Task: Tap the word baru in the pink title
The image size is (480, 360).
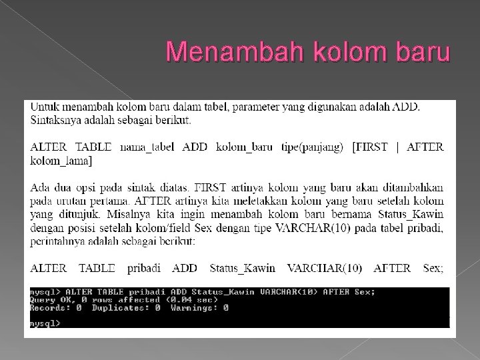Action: [x=418, y=52]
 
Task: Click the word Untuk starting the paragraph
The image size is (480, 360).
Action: [x=45, y=107]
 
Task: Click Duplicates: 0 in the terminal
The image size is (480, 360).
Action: [x=126, y=308]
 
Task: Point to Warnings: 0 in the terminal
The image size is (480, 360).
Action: [x=199, y=308]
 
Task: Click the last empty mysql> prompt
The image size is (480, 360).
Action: [x=45, y=323]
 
